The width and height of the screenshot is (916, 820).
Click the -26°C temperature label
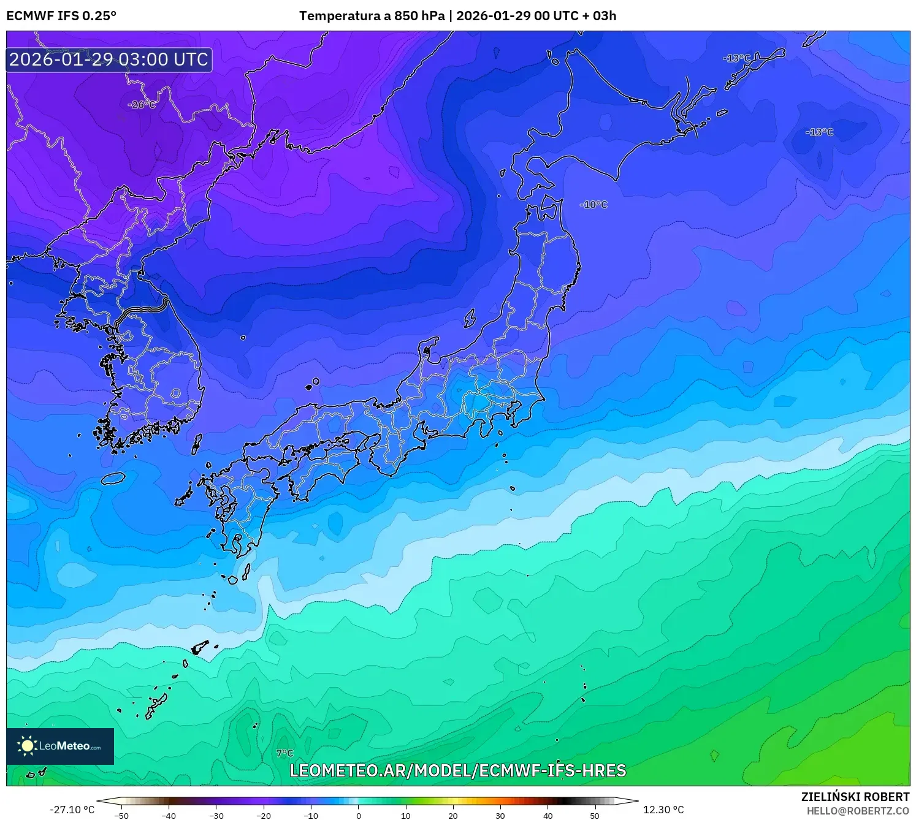(x=142, y=105)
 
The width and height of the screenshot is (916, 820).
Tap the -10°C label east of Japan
(x=593, y=205)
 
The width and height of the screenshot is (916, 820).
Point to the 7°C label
(x=284, y=753)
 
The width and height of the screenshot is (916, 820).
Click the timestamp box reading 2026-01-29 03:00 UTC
(x=109, y=59)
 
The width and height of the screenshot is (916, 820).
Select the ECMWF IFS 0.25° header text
(x=61, y=16)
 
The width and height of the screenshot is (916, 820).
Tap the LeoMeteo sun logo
(x=28, y=746)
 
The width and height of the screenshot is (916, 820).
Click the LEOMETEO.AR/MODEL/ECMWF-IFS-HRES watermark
(x=457, y=770)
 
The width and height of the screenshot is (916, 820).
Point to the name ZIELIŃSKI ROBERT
(x=855, y=797)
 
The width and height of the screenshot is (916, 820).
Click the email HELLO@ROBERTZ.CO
(x=858, y=811)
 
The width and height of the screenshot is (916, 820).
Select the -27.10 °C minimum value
(x=72, y=810)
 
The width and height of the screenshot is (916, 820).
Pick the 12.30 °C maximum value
(x=663, y=810)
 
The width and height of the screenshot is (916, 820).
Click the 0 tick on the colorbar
(x=359, y=816)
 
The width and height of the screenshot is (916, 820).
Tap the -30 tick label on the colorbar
(x=216, y=816)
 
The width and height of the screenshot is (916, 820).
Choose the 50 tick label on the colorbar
(x=595, y=816)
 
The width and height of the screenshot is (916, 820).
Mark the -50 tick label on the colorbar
(x=121, y=816)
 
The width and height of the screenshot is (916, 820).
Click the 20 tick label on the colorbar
(x=453, y=816)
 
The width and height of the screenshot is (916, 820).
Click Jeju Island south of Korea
(x=113, y=478)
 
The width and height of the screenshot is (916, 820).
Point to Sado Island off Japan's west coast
(x=470, y=318)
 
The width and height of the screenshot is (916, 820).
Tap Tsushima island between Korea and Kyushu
(x=197, y=444)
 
